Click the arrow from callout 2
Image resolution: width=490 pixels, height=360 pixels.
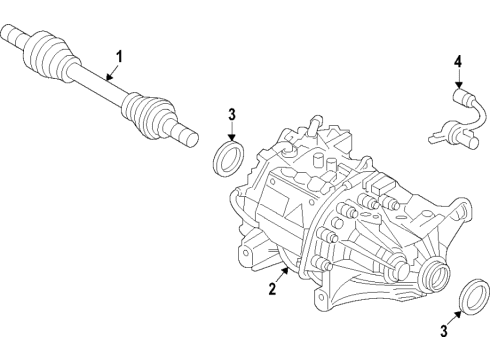[281, 277]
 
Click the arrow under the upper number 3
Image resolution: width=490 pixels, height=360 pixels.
[231, 135]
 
